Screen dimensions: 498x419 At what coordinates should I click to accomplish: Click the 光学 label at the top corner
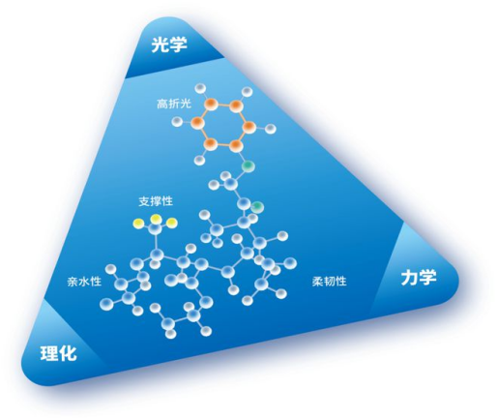pyautogui.click(x=169, y=45)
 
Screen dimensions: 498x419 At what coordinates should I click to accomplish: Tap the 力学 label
pyautogui.click(x=419, y=278)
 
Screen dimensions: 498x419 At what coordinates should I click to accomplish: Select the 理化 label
pyautogui.click(x=59, y=352)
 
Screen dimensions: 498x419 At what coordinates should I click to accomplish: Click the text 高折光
pyautogui.click(x=174, y=104)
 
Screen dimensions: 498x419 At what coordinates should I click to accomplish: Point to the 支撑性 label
pyautogui.click(x=156, y=201)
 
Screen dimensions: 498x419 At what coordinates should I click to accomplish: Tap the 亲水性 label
pyautogui.click(x=84, y=282)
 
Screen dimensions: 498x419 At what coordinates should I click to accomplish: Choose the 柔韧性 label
pyautogui.click(x=329, y=282)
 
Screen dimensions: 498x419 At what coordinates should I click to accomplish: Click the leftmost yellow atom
pyautogui.click(x=139, y=223)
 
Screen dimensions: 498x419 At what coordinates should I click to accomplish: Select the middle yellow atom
pyautogui.click(x=157, y=219)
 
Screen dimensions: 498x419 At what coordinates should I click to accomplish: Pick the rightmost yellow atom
pyautogui.click(x=172, y=223)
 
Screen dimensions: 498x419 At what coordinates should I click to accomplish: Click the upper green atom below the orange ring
pyautogui.click(x=249, y=166)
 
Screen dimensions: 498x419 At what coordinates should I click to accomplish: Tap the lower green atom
pyautogui.click(x=258, y=207)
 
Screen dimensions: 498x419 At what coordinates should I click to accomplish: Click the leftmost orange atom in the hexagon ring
pyautogui.click(x=197, y=123)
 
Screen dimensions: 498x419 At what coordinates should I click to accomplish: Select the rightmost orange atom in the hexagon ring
pyautogui.click(x=249, y=128)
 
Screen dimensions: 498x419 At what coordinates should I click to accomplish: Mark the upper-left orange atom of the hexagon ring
pyautogui.click(x=211, y=104)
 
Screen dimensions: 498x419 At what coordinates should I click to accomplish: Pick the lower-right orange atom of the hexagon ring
pyautogui.click(x=236, y=146)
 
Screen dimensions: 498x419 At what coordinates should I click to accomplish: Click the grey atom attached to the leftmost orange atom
pyautogui.click(x=177, y=122)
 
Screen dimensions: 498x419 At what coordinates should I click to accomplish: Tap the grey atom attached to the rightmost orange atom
pyautogui.click(x=271, y=129)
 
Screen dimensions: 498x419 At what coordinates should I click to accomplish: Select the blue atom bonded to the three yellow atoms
pyautogui.click(x=156, y=228)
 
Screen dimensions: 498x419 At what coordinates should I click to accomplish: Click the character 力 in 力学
pyautogui.click(x=409, y=278)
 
